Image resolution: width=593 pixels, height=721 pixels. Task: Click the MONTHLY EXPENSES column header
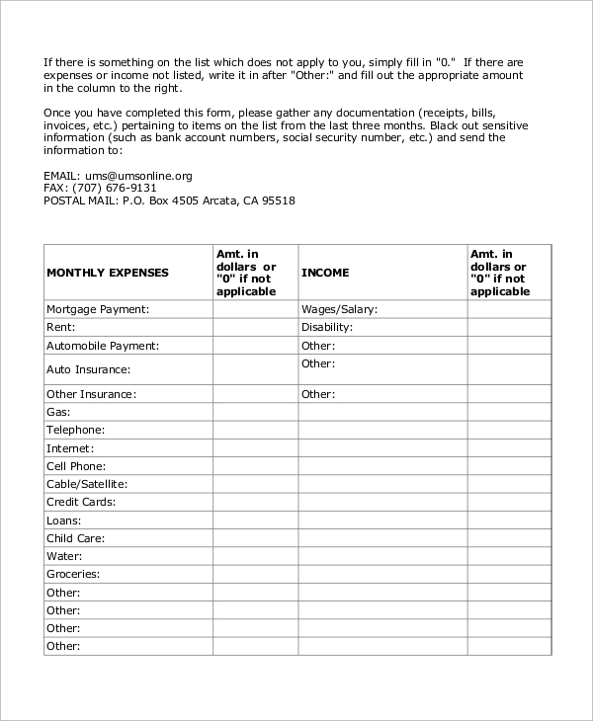(x=108, y=273)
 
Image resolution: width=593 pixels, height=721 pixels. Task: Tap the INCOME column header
(x=325, y=273)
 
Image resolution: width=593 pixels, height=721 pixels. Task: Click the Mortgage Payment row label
(x=98, y=309)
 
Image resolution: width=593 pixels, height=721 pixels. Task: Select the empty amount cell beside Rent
(x=255, y=327)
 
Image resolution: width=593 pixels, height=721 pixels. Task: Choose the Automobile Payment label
(x=103, y=346)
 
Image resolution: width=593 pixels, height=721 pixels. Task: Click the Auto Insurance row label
(x=89, y=369)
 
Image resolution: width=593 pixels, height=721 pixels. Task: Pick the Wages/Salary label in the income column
(x=340, y=309)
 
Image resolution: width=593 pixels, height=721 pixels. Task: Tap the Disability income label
(x=327, y=327)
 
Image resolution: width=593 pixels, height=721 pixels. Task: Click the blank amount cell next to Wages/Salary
(x=509, y=309)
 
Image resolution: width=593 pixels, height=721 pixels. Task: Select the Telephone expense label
(x=76, y=430)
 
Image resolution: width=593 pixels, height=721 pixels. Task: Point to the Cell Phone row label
(x=76, y=466)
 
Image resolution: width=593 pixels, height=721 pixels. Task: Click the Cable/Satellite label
(x=87, y=484)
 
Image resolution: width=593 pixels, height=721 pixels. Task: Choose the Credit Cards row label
(x=81, y=502)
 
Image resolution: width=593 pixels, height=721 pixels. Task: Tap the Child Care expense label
(x=76, y=538)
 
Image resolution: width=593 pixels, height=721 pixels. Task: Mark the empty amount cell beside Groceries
(x=255, y=574)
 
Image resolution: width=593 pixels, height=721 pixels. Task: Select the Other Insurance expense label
(x=91, y=394)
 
